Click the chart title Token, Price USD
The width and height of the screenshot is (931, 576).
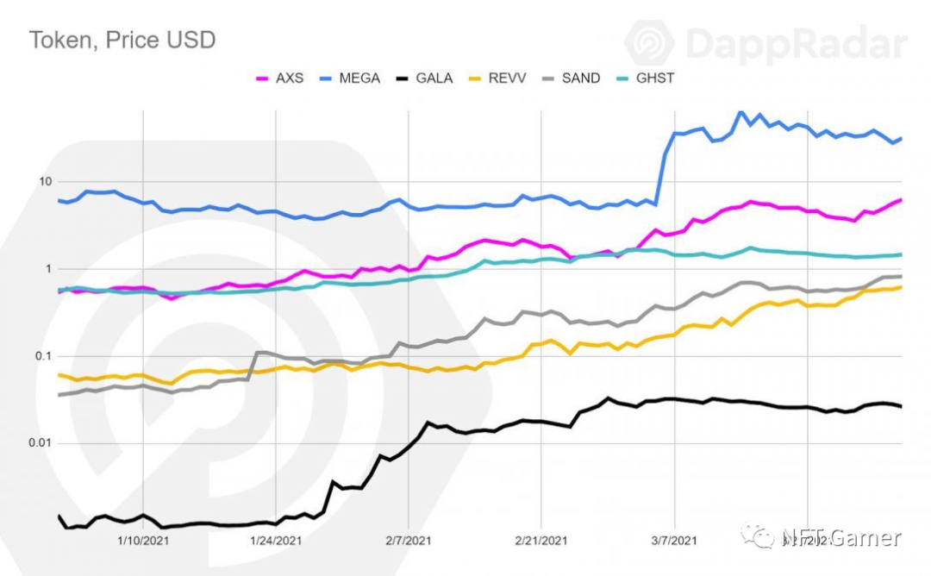122,40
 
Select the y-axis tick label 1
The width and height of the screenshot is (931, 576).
49,269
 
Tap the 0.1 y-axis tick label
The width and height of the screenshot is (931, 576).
43,356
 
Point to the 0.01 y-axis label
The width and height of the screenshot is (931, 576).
40,443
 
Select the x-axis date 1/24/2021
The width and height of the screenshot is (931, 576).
275,541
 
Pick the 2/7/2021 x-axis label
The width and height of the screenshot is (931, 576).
407,541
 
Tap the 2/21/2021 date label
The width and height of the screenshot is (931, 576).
540,541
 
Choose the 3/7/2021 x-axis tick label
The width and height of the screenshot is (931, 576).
673,541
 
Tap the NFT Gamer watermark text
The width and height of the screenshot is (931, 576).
840,539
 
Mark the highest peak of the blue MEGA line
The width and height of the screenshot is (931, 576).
740,112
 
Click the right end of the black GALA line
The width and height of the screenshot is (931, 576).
901,406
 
